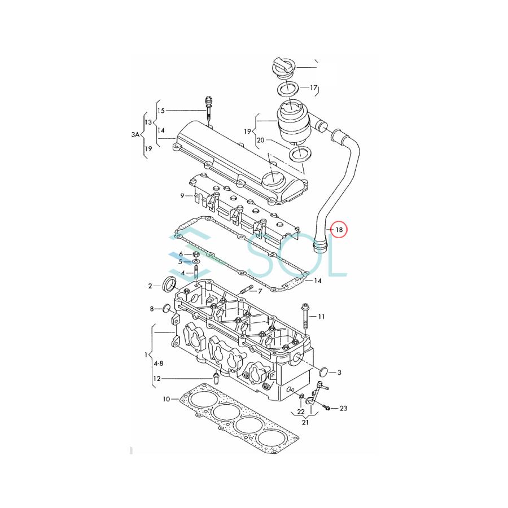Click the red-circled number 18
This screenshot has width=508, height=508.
[x=339, y=230]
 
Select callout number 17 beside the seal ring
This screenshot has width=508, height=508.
[x=313, y=87]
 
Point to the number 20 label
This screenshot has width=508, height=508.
[x=260, y=141]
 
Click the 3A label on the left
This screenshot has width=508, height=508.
[x=135, y=134]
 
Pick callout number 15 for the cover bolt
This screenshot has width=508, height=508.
[x=161, y=111]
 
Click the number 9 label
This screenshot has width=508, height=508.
[x=182, y=196]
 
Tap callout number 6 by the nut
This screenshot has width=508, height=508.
[x=181, y=254]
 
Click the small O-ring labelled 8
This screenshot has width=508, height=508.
[x=166, y=309]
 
